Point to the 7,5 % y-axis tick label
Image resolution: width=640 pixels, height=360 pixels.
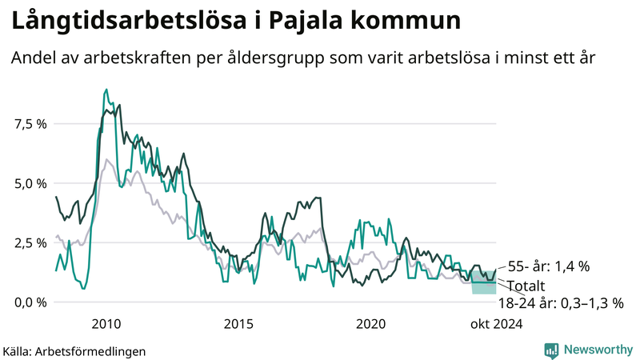[30, 124]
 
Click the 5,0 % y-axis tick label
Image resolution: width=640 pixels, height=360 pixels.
[30, 183]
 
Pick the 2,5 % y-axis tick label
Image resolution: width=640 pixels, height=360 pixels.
[30, 242]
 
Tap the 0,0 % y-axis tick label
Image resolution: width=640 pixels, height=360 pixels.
[30, 302]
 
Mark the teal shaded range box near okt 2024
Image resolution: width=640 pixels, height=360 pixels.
[483, 282]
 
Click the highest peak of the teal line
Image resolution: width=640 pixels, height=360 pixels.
[106, 90]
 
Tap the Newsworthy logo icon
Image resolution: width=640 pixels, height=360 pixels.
[551, 350]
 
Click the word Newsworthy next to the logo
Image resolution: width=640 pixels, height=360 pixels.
[598, 350]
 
